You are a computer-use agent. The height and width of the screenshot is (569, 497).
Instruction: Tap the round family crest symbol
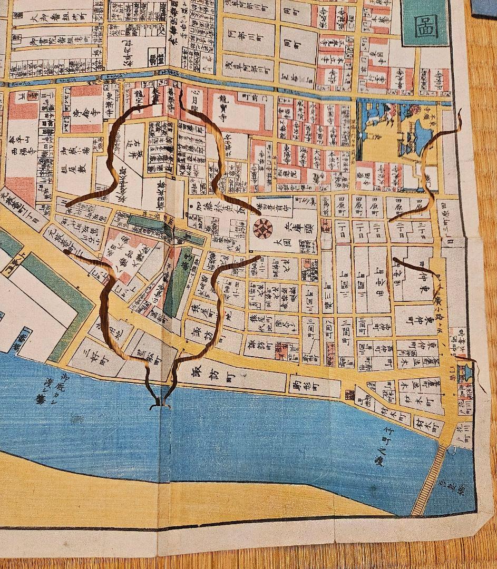coord(262,228)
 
